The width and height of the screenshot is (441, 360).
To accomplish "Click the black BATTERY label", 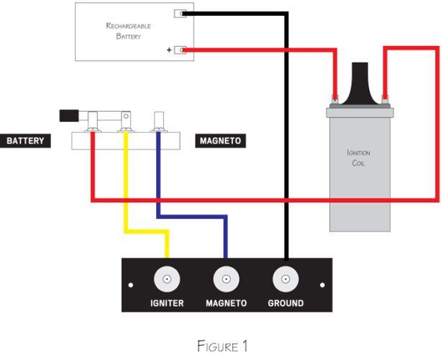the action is point(25,140).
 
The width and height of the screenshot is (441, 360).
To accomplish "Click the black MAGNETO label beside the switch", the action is point(220,140).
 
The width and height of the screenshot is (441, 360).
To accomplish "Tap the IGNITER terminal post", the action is point(167,279).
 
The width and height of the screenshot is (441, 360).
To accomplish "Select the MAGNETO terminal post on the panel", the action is point(227,279).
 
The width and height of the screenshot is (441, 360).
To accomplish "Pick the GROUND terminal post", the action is point(286,279).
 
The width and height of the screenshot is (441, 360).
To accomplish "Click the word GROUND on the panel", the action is point(286,303).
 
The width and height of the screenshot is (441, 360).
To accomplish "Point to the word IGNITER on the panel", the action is point(167,303).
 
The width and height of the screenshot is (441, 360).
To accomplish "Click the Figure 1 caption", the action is point(222,346).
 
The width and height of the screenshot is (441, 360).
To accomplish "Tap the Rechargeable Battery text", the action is point(128,31).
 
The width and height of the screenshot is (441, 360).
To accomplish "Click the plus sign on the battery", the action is point(169,50).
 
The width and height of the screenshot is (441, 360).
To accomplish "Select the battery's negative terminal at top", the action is point(180,14).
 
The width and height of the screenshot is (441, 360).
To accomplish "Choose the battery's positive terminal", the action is point(180,50).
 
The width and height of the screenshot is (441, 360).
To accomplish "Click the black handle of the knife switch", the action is point(69,116).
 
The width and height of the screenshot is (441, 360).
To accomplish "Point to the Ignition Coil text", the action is point(358,158).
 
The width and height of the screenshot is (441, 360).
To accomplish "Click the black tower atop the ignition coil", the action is point(360,84).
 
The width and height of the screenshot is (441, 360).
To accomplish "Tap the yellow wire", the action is point(126,232).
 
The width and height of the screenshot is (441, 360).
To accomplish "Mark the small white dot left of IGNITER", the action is point(130,285).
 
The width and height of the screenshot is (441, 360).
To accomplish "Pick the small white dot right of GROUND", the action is point(322,285).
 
